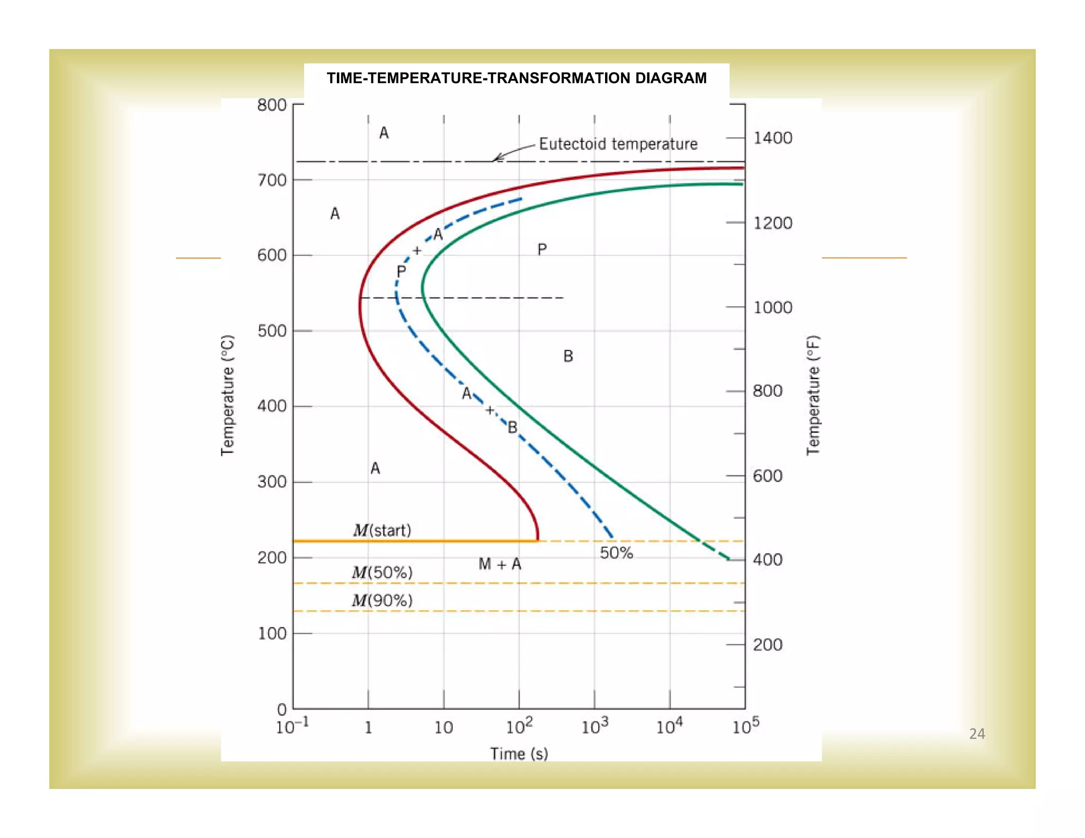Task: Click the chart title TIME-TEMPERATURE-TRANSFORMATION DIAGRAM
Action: pyautogui.click(x=517, y=78)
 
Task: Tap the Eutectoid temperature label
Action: pyautogui.click(x=618, y=144)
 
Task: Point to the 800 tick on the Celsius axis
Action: pyautogui.click(x=272, y=105)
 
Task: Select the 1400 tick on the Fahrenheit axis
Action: pyautogui.click(x=772, y=138)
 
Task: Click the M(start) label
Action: pyautogui.click(x=382, y=530)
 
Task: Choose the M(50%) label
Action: pyautogui.click(x=382, y=572)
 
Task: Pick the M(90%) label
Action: pyautogui.click(x=382, y=600)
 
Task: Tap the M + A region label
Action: pyautogui.click(x=500, y=564)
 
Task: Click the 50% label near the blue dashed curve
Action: pyautogui.click(x=616, y=552)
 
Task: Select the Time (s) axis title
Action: pyautogui.click(x=519, y=753)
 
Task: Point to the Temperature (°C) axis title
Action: pyautogui.click(x=227, y=395)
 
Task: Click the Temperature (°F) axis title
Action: pyautogui.click(x=813, y=395)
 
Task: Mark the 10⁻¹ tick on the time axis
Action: pyautogui.click(x=292, y=726)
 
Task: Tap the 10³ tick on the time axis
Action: pyautogui.click(x=594, y=726)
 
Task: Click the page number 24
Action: pyautogui.click(x=977, y=734)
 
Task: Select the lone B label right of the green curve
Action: pyautogui.click(x=568, y=356)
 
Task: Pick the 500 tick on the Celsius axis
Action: pyautogui.click(x=272, y=331)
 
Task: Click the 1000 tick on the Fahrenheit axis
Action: pyautogui.click(x=772, y=307)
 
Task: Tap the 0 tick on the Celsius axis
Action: pyautogui.click(x=282, y=709)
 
